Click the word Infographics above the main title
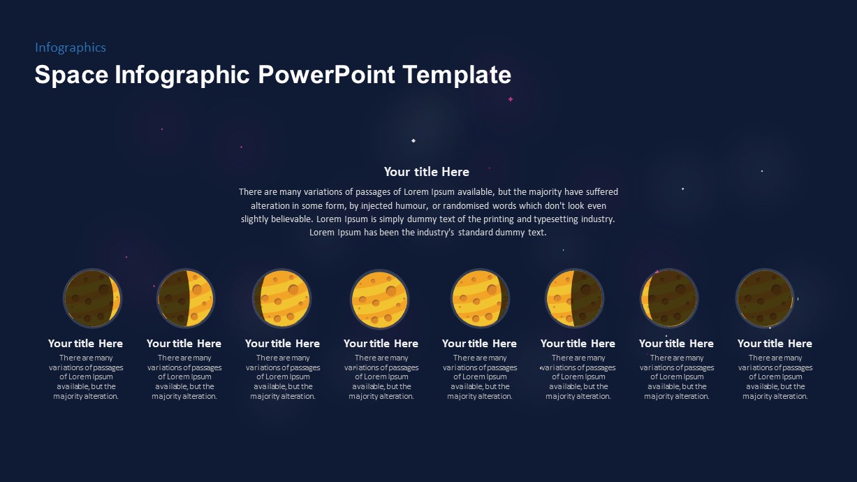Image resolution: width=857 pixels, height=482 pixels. [71, 48]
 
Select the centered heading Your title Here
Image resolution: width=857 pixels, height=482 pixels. [426, 172]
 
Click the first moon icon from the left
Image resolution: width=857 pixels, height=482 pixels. [92, 299]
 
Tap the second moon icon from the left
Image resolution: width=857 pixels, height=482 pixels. [185, 299]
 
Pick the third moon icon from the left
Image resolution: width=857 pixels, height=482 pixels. [281, 299]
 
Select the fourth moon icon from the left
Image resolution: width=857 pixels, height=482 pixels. [379, 299]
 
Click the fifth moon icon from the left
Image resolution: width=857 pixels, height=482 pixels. [480, 299]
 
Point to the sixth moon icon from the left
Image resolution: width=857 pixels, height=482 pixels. [574, 299]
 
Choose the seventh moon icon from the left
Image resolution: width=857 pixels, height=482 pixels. [668, 299]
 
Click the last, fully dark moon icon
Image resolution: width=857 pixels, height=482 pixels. [765, 299]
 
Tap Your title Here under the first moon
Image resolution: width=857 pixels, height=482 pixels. [85, 344]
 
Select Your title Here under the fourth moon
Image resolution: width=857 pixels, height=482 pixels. [381, 344]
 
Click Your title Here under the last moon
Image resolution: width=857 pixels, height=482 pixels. [775, 344]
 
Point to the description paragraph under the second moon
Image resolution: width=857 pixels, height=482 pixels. [184, 377]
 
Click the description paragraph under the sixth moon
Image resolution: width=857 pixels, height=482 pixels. [578, 377]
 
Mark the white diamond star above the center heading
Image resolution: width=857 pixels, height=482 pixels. [413, 140]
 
